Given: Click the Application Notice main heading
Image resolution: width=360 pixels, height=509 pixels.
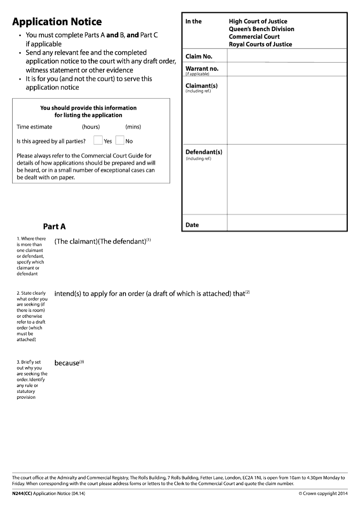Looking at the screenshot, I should click(57, 22).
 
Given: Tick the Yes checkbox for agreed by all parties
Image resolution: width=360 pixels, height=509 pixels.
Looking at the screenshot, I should click(98, 140).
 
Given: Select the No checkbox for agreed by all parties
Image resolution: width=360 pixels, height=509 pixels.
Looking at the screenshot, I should click(120, 140).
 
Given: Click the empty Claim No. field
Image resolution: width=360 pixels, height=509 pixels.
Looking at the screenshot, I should click(287, 56).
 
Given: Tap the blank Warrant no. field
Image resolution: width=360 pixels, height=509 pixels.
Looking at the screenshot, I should click(287, 69).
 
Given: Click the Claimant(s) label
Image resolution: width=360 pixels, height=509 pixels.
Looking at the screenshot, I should click(202, 86).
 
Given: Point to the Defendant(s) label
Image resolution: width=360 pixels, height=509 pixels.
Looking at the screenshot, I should click(204, 152).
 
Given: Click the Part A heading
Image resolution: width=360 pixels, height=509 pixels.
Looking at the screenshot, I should click(54, 226).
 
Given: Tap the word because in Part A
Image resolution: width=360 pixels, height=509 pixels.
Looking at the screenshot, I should click(67, 363).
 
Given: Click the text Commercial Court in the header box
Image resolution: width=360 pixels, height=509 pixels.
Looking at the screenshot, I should click(254, 36).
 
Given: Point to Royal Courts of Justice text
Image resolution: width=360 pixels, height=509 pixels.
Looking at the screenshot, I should click(260, 44).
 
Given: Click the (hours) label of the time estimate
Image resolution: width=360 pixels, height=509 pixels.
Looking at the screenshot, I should click(91, 127).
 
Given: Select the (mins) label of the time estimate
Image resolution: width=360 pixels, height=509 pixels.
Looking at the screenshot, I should click(133, 127).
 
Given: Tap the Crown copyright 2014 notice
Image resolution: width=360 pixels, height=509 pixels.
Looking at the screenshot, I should click(323, 494).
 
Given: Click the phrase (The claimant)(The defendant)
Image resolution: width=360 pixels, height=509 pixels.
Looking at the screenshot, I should click(100, 241).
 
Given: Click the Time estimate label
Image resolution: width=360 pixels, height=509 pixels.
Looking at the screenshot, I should click(34, 127).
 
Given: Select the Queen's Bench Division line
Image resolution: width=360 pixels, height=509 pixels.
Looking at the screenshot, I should click(261, 29).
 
